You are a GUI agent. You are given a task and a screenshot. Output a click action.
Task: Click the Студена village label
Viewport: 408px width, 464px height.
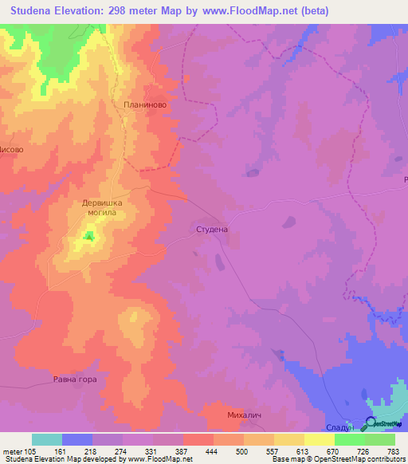[x=212, y=230]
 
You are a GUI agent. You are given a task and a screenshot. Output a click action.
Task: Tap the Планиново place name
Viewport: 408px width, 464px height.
[x=144, y=104]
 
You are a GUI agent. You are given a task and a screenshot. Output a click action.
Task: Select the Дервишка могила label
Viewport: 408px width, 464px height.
[x=104, y=208]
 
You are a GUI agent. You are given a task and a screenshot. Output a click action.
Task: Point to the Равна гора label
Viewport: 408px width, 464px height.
[x=75, y=379]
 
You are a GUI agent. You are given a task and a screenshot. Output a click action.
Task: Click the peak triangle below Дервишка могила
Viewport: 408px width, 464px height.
[x=89, y=235]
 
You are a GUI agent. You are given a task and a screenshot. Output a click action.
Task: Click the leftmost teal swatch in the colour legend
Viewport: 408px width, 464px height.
[x=47, y=439]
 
